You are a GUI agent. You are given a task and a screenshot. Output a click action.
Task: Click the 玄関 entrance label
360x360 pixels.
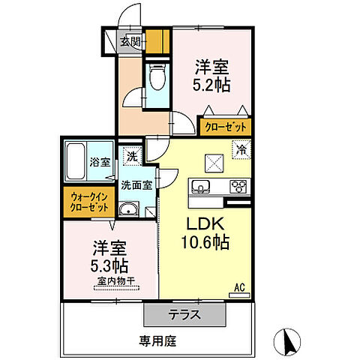[130, 42]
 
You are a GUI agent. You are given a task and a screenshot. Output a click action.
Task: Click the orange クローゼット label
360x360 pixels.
[225, 127]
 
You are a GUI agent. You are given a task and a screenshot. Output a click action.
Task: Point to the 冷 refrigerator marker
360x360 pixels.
[242, 148]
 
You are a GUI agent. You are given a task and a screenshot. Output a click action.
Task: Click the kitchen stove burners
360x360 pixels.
[238, 187]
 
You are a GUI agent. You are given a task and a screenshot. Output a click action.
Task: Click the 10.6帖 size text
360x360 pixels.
[205, 244]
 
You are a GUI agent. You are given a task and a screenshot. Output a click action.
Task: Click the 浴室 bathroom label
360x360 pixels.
[100, 161]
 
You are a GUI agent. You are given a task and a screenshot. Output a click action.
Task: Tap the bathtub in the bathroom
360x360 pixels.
[77, 160]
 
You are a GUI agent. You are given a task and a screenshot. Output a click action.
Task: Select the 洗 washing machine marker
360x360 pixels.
[132, 157]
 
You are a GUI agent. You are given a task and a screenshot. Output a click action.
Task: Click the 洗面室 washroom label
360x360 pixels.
[138, 183]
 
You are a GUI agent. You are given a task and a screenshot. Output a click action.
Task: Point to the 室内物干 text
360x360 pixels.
[115, 281]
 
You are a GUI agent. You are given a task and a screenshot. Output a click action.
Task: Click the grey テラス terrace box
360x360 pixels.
[183, 314]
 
